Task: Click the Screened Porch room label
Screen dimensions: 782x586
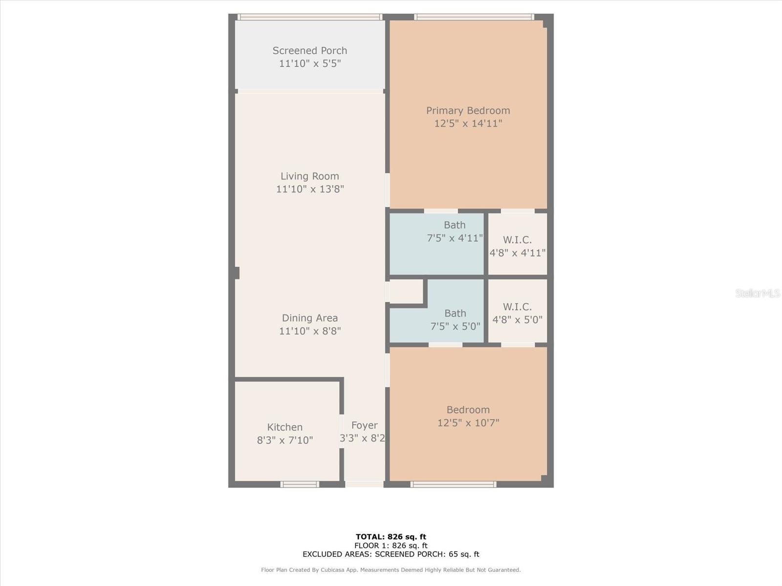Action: click(x=309, y=50)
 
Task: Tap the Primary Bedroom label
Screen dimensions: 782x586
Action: click(x=468, y=111)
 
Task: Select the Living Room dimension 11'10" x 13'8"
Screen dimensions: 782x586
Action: click(x=310, y=189)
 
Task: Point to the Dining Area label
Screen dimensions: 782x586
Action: click(x=309, y=318)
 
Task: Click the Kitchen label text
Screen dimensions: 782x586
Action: click(x=284, y=427)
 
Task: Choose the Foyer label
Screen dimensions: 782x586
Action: click(x=365, y=425)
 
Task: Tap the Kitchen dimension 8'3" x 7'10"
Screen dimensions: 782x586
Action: click(x=284, y=440)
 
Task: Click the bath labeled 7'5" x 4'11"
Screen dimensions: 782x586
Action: click(x=437, y=244)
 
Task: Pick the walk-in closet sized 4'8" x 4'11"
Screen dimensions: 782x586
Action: click(x=517, y=244)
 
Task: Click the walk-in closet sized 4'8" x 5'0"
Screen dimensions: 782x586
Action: click(x=517, y=311)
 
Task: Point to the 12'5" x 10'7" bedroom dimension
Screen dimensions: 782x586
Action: click(x=468, y=423)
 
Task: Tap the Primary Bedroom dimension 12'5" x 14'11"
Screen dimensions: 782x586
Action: click(x=468, y=124)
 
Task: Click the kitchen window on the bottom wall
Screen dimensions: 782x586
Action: click(x=300, y=484)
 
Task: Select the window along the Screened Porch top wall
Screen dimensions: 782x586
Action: click(x=309, y=17)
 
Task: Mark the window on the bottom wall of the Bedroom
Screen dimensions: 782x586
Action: click(x=453, y=484)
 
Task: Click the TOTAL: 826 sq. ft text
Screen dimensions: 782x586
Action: click(x=391, y=537)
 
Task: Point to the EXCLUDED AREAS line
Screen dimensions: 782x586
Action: click(x=391, y=554)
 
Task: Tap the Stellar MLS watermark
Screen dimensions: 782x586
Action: click(x=758, y=293)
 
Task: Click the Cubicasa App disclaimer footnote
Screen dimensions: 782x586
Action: click(x=391, y=569)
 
